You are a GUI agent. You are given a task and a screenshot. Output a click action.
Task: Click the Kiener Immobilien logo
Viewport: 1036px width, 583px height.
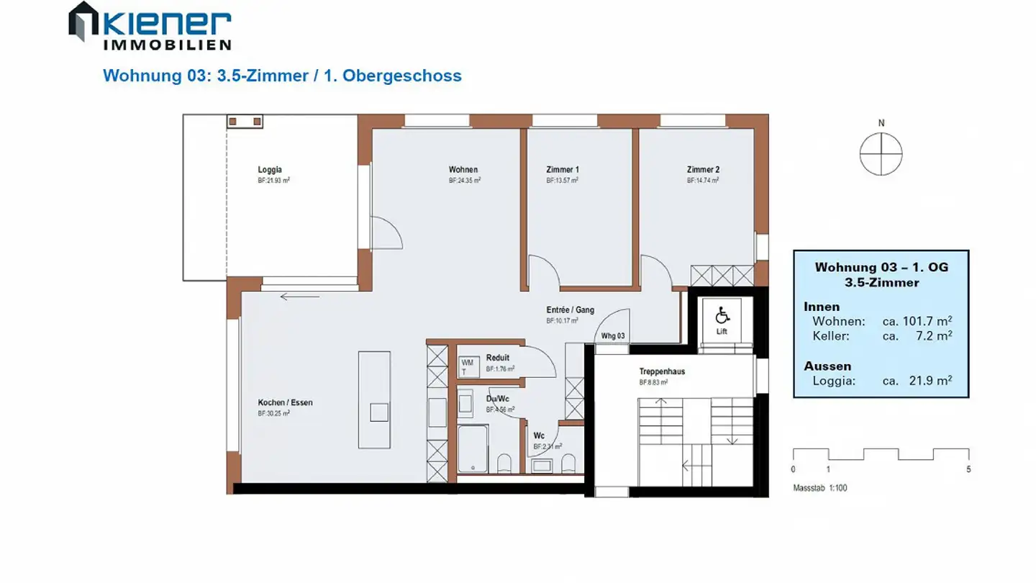pyautogui.click(x=150, y=26)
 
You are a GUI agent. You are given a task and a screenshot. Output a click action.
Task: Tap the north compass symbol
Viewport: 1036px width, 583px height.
pyautogui.click(x=881, y=154)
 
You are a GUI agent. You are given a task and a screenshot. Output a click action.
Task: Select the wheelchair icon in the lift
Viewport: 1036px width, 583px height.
pyautogui.click(x=722, y=315)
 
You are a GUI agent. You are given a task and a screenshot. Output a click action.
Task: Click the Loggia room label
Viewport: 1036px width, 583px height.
pyautogui.click(x=270, y=170)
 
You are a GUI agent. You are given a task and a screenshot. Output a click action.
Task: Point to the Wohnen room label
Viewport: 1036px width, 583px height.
pyautogui.click(x=463, y=170)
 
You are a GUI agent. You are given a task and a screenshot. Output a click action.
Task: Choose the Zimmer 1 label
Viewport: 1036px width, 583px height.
pyautogui.click(x=563, y=170)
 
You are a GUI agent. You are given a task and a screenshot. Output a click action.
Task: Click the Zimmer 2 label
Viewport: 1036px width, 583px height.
pyautogui.click(x=703, y=170)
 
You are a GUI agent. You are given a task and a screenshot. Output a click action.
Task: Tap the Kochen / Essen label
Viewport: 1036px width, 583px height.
pyautogui.click(x=285, y=402)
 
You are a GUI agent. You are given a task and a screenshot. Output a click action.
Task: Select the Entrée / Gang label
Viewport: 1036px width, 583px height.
pyautogui.click(x=570, y=310)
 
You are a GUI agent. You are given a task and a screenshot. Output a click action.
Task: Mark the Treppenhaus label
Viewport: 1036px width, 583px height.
pyautogui.click(x=662, y=372)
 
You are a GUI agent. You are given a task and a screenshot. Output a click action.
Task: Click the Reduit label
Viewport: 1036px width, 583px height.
pyautogui.click(x=497, y=358)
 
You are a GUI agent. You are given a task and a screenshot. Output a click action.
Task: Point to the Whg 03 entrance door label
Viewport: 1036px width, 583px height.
pyautogui.click(x=612, y=335)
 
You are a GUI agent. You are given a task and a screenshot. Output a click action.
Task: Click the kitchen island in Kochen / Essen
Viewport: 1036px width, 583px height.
pyautogui.click(x=374, y=399)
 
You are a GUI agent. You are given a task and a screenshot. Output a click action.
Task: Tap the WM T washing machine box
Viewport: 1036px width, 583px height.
pyautogui.click(x=467, y=367)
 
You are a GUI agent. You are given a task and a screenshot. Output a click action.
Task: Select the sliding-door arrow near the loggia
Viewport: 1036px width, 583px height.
pyautogui.click(x=299, y=297)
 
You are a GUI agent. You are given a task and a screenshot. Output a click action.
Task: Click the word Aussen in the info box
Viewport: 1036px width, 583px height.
pyautogui.click(x=827, y=366)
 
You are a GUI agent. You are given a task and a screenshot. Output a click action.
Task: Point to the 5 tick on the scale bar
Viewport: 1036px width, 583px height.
pyautogui.click(x=968, y=469)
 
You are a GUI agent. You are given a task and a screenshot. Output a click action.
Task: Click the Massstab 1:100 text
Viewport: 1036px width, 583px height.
pyautogui.click(x=820, y=488)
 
